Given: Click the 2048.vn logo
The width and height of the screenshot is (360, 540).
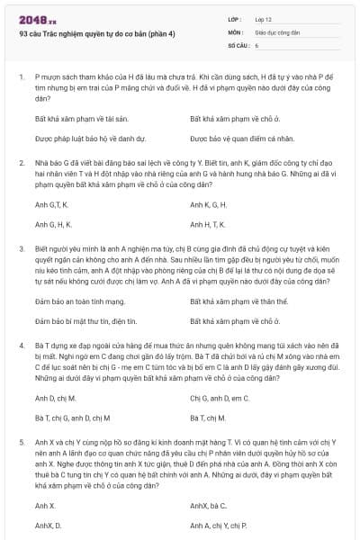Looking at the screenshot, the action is click(x=30, y=17).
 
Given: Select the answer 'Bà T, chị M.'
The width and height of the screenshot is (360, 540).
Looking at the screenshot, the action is click(x=208, y=417).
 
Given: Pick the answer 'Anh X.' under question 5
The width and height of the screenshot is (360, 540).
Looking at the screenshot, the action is click(x=45, y=505).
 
